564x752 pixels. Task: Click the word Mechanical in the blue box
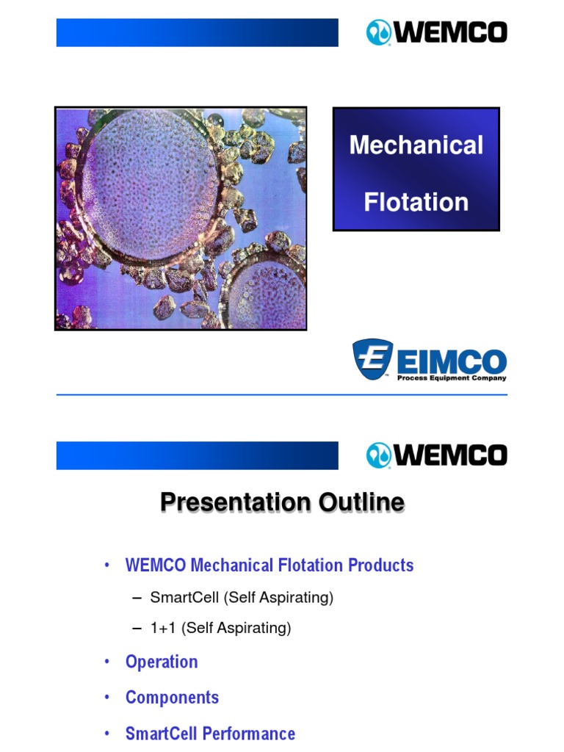(416, 145)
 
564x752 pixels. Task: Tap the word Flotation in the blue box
(416, 201)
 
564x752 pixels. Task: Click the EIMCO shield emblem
(373, 359)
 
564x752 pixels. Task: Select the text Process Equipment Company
(451, 378)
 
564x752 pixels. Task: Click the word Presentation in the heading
(235, 502)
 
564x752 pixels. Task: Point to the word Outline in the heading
(361, 502)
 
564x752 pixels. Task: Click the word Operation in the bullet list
(162, 662)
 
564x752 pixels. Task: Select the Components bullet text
(172, 697)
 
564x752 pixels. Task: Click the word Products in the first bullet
(380, 565)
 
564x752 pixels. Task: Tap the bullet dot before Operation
(106, 662)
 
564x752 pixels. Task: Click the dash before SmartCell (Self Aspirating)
(136, 598)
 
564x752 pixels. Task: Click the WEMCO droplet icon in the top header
(379, 33)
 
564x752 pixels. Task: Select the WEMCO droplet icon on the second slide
(379, 455)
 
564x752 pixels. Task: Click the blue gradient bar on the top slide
(197, 33)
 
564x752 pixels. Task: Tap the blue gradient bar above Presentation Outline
(197, 455)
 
